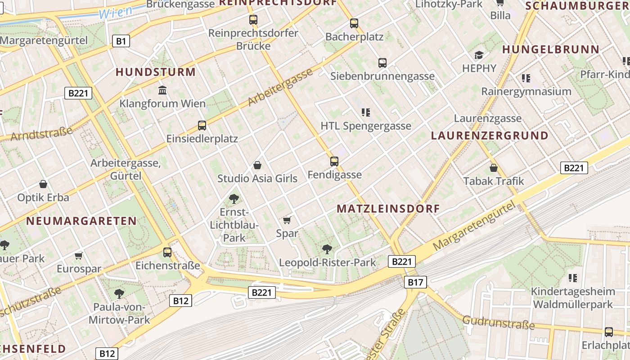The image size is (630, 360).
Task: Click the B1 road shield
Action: (x=121, y=41)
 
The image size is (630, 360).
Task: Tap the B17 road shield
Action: (x=415, y=282)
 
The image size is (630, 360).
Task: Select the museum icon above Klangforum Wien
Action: (x=162, y=90)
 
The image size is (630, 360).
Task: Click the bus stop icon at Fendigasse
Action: (x=334, y=161)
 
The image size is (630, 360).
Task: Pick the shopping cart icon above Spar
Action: (x=287, y=220)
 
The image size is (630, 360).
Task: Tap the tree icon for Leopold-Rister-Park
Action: (x=327, y=249)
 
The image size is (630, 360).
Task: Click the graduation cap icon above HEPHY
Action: (x=479, y=55)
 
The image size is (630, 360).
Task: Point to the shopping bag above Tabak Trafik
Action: (x=494, y=168)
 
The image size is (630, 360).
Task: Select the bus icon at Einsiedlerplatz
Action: (x=202, y=125)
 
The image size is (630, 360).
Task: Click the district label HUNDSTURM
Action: (x=156, y=72)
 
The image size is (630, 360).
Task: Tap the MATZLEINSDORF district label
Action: (x=388, y=209)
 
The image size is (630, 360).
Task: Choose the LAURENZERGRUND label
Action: (x=490, y=135)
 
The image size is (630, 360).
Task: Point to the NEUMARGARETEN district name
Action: (x=81, y=221)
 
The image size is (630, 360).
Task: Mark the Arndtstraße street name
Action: (x=41, y=134)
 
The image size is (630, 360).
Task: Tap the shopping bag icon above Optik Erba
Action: (x=43, y=184)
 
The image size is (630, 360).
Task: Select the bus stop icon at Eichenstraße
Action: (x=167, y=252)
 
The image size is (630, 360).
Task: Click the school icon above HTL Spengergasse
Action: (x=365, y=112)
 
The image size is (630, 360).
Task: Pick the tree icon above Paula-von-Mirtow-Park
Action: (x=119, y=294)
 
